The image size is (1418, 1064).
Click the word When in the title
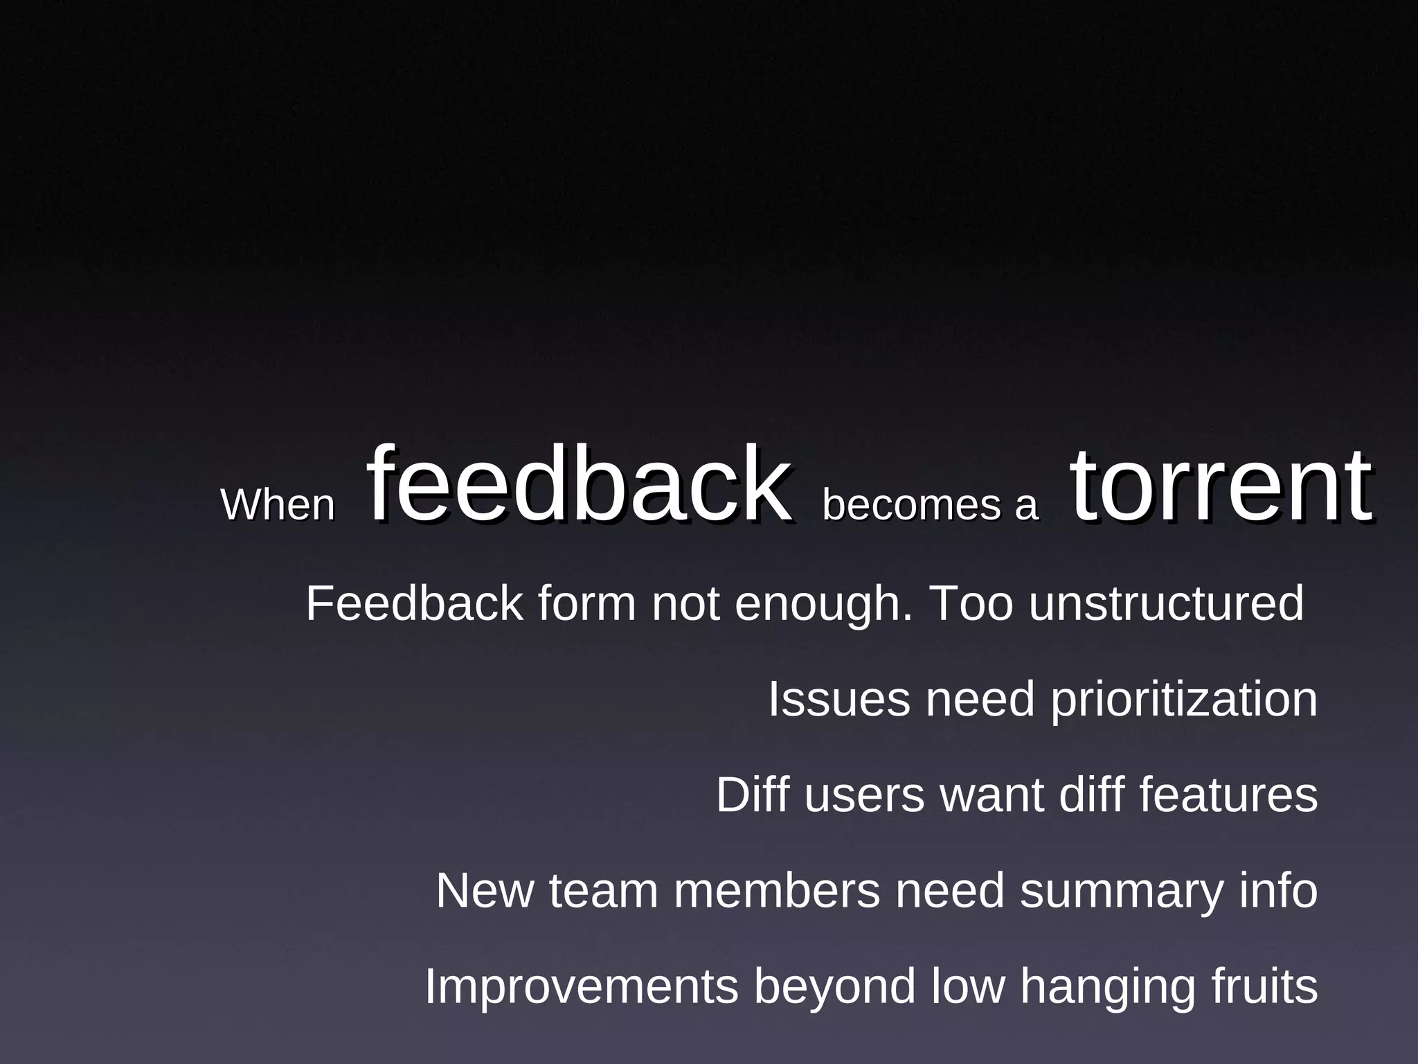[x=278, y=505]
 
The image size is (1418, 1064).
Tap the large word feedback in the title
[x=578, y=485]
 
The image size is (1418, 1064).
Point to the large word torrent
[x=1220, y=485]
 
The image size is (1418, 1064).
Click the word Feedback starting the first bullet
[x=414, y=603]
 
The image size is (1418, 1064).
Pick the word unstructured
[x=1166, y=603]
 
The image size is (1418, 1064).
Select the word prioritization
[x=1184, y=700]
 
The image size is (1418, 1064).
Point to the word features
[x=1228, y=795]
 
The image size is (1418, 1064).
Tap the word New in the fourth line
[x=485, y=891]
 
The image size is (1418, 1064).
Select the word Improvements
[x=581, y=987]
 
